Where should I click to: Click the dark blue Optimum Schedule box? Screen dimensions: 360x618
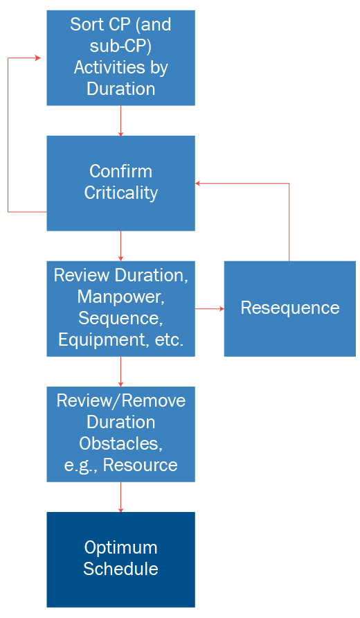(x=120, y=559)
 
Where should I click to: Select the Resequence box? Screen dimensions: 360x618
(x=290, y=308)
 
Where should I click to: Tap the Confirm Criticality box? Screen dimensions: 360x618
(x=120, y=184)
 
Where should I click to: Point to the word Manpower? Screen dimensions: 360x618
(x=120, y=297)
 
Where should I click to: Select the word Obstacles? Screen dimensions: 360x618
(x=120, y=443)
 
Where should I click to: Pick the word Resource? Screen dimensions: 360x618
(x=141, y=465)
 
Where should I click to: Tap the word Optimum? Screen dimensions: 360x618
(x=120, y=548)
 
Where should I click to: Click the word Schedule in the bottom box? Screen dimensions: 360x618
(x=120, y=569)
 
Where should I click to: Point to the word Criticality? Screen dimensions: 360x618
(x=120, y=193)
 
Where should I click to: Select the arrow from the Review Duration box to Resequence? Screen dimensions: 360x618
(x=210, y=308)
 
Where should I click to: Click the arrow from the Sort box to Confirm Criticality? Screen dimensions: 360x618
(x=120, y=121)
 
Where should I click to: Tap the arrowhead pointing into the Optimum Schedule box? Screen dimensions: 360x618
(x=120, y=509)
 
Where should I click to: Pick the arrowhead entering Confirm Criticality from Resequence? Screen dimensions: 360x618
(x=198, y=184)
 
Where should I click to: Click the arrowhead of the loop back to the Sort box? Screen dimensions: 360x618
(x=38, y=58)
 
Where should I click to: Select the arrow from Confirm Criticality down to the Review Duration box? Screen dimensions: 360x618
(x=120, y=246)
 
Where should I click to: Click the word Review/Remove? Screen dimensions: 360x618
(x=120, y=401)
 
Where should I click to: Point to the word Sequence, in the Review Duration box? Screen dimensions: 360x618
(x=120, y=318)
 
